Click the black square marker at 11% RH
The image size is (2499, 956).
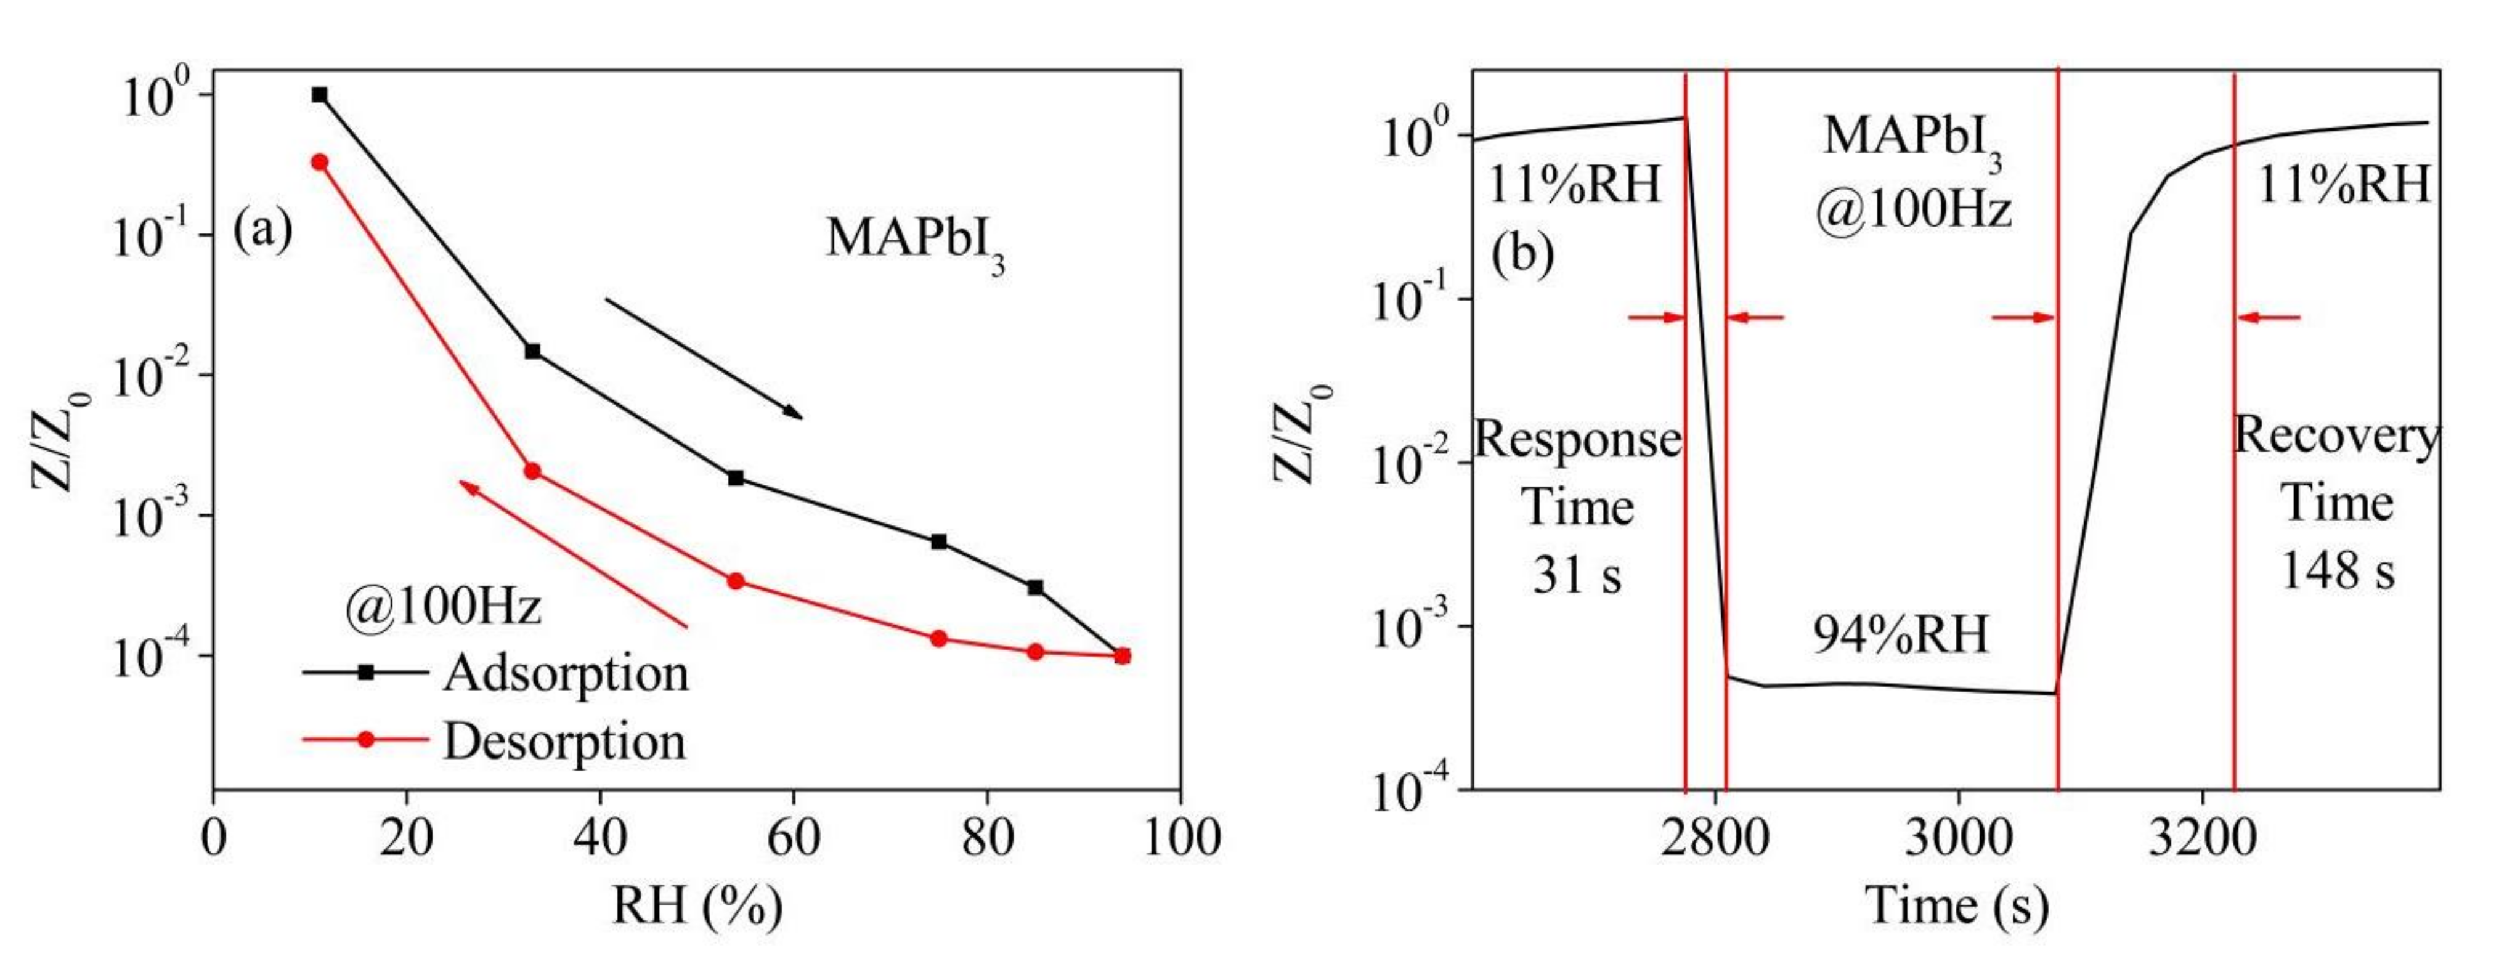pos(319,95)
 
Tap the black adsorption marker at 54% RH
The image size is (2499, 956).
pos(735,478)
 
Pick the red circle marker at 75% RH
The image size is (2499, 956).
pos(938,638)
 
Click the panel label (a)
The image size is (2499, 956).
pos(262,231)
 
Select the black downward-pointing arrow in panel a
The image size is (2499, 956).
pos(704,358)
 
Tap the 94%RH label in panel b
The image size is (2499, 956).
pos(1901,635)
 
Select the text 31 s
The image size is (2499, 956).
pos(1577,575)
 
